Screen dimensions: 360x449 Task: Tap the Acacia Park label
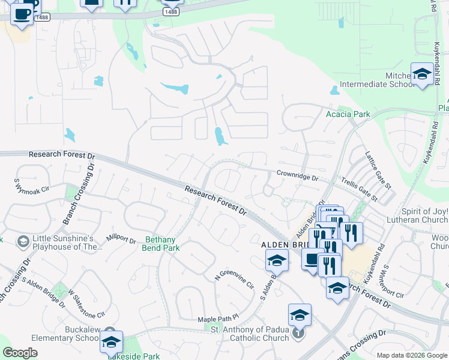coord(347,114)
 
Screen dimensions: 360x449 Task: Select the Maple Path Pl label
coord(218,319)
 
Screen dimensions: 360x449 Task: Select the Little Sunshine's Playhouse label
coord(64,242)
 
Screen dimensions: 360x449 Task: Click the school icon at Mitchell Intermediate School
coord(422,74)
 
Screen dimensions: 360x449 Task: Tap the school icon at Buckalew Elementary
coord(111,342)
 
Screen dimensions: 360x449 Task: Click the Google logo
coord(20,353)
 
